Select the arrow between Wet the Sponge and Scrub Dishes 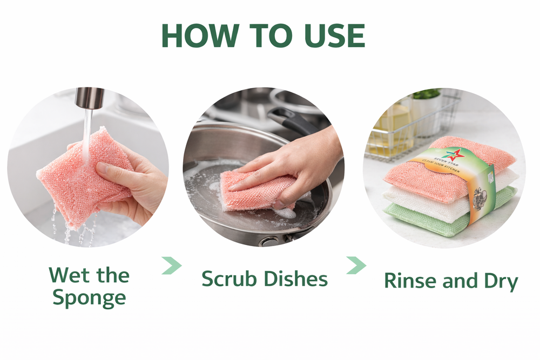(x=172, y=266)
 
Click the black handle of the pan (x=292, y=120)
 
